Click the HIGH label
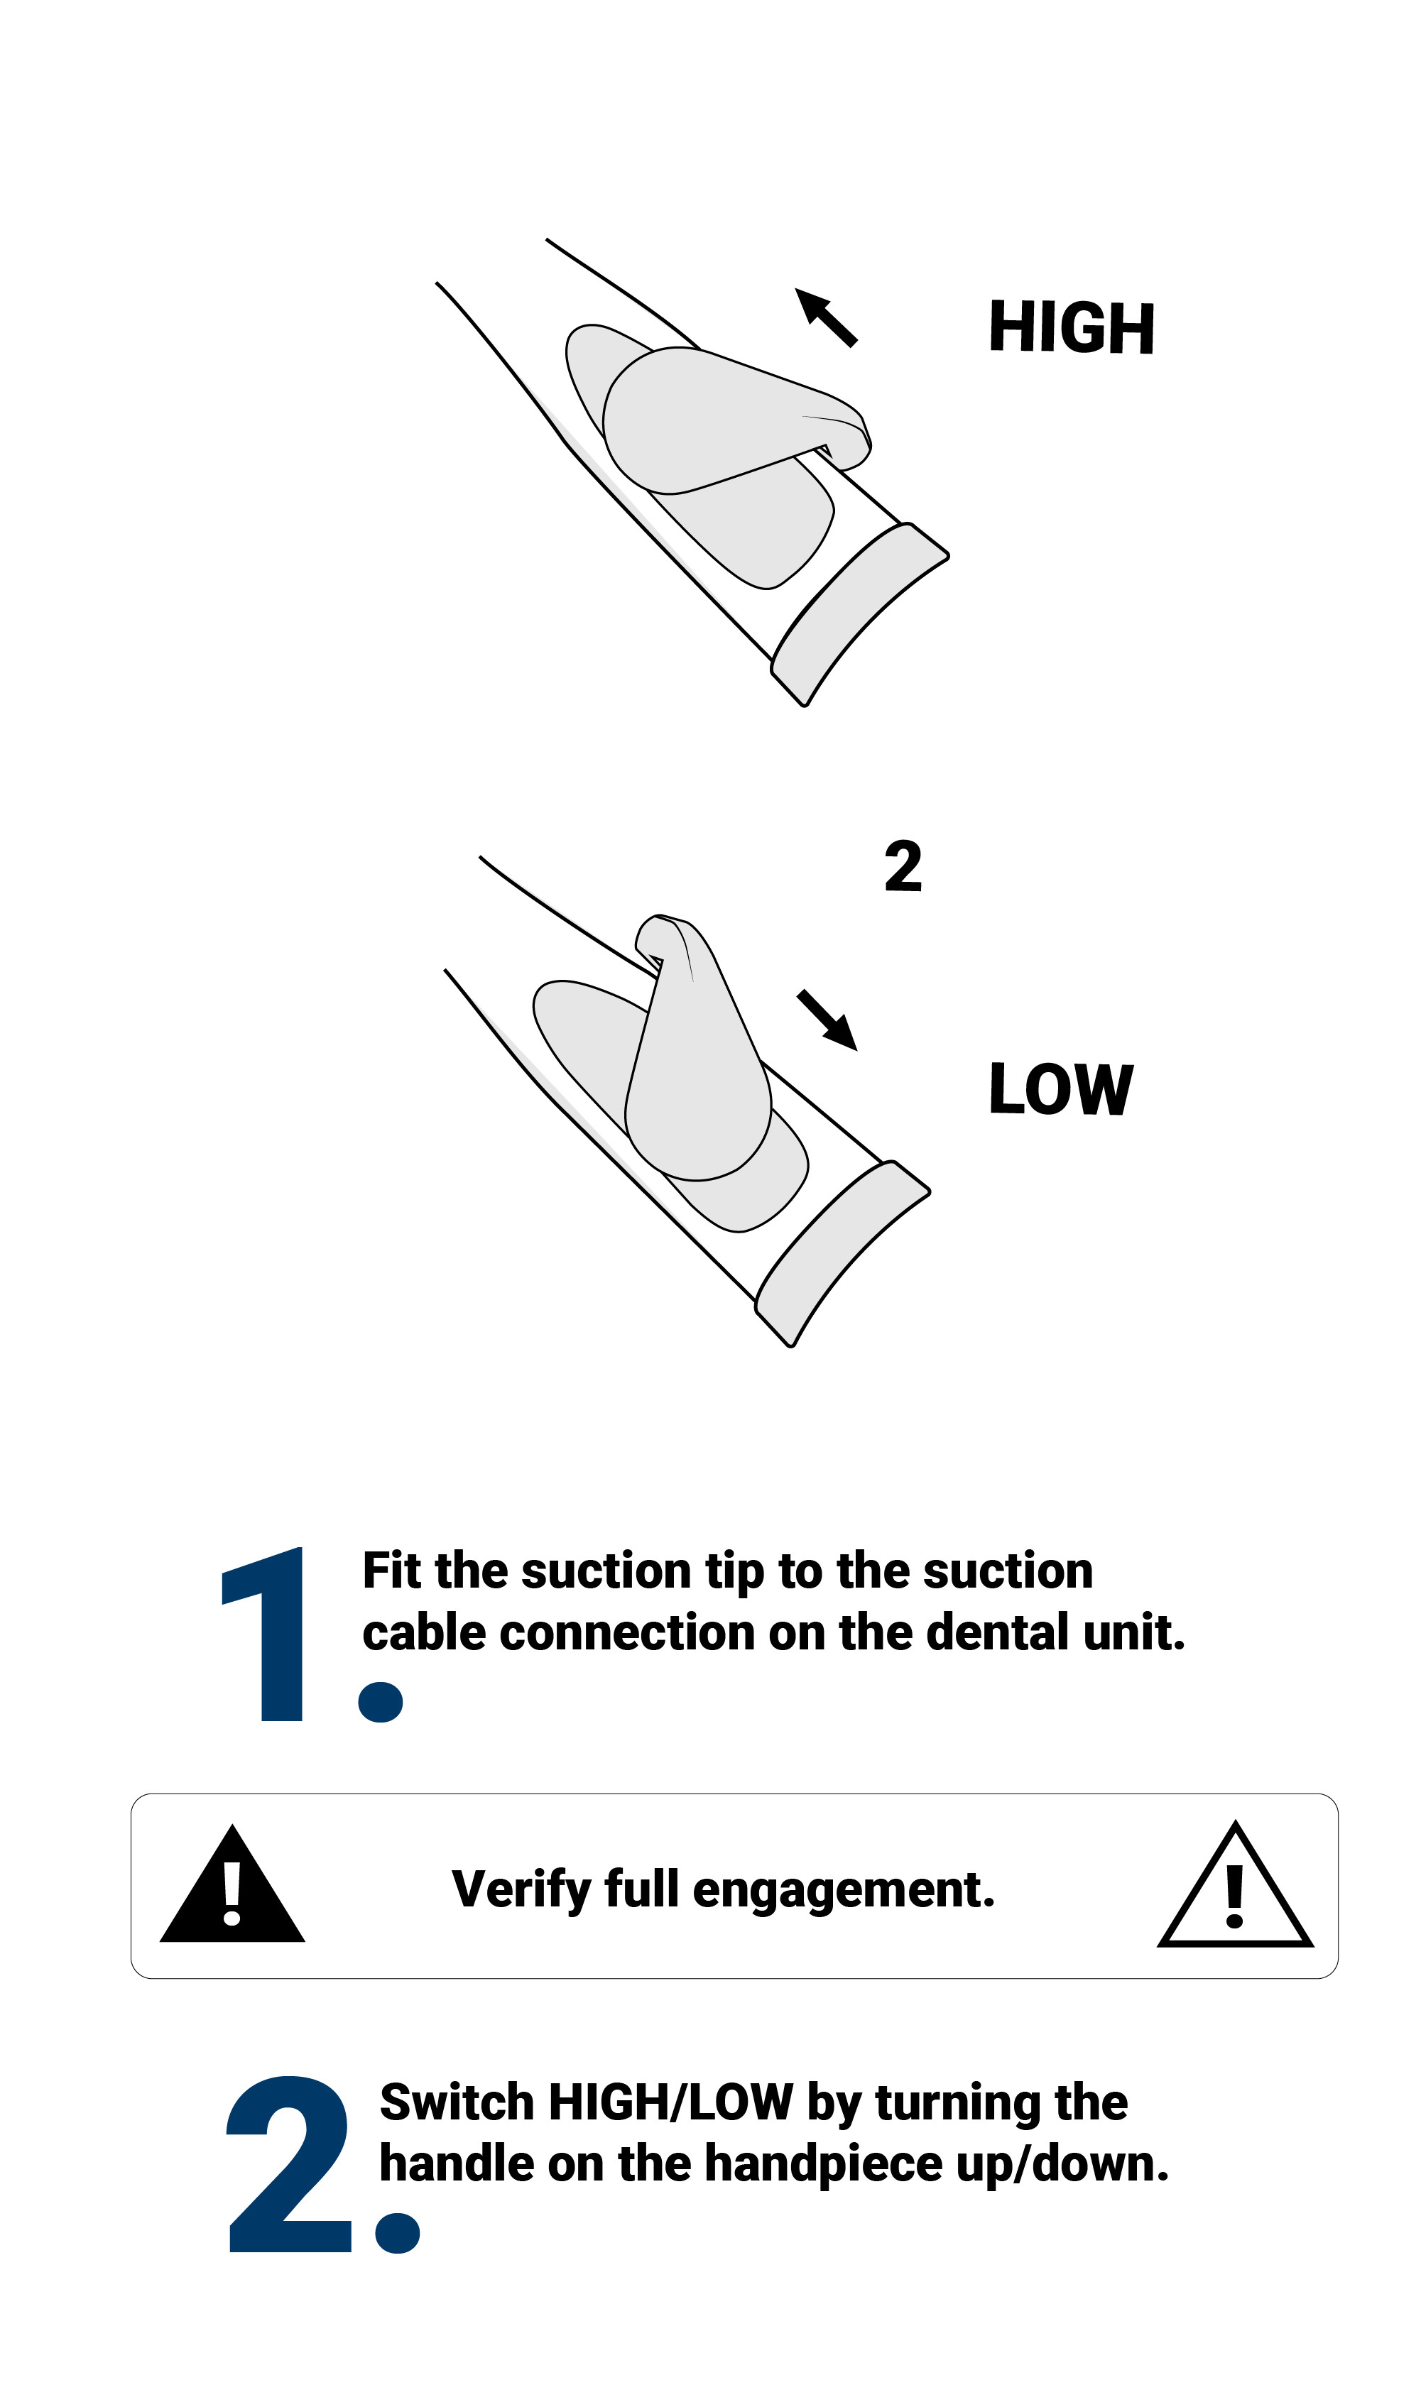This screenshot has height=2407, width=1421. pos(1072,327)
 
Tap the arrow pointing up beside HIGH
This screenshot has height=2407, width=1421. pos(825,317)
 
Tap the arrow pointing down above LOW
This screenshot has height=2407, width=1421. pos(827,1020)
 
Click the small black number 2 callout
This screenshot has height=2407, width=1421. pos(903,866)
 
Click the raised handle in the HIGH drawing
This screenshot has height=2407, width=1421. pos(728,421)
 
